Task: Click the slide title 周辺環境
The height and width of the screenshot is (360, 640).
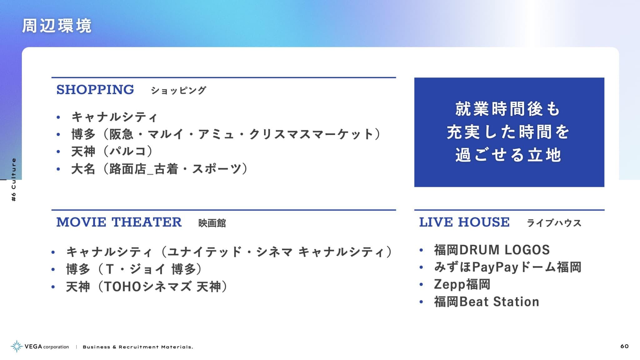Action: [57, 26]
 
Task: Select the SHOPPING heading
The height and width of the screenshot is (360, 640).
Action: [95, 90]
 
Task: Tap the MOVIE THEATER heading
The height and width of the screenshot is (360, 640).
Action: [119, 222]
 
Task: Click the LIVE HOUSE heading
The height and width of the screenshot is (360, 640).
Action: [464, 222]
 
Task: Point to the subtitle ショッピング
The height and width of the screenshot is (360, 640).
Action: [178, 90]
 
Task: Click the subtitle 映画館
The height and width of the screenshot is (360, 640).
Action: [212, 223]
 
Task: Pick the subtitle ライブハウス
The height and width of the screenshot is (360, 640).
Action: [554, 223]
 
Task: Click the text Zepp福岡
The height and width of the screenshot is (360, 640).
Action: [462, 284]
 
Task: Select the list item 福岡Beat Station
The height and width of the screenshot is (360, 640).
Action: [487, 302]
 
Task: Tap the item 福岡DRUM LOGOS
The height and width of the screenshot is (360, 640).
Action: [492, 250]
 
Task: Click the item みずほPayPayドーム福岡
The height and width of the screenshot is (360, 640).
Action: [508, 267]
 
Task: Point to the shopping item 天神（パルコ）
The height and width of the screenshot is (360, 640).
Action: [112, 151]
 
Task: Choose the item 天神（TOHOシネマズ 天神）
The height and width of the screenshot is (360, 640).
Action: [147, 287]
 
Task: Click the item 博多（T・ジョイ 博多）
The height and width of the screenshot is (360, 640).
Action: [134, 269]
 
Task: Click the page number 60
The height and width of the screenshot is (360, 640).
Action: [624, 346]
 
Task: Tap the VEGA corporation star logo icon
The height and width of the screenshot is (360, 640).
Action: [17, 346]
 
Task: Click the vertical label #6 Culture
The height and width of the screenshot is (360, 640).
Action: [13, 180]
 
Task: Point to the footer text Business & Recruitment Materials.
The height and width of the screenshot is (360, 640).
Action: [138, 347]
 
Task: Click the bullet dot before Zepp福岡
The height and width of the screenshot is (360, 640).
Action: [421, 285]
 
